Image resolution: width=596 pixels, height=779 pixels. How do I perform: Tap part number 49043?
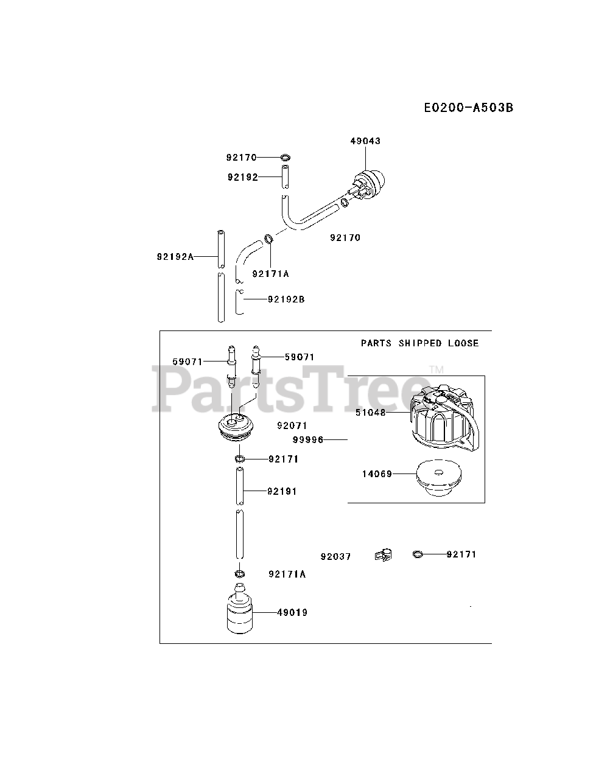[x=365, y=141]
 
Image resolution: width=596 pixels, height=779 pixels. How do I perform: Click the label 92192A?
[x=175, y=257]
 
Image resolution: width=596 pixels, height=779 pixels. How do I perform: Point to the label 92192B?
[x=286, y=299]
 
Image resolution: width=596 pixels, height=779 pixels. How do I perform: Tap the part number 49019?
[x=292, y=613]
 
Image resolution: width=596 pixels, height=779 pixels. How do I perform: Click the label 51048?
[x=370, y=412]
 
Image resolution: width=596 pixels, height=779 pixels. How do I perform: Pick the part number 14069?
[x=377, y=473]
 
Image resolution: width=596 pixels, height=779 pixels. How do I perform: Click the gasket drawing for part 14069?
[x=436, y=479]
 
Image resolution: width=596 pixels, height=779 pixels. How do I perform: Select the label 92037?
[x=336, y=557]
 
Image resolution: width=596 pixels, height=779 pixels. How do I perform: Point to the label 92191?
[x=282, y=491]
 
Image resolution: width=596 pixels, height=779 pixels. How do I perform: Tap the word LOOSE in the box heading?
[x=463, y=343]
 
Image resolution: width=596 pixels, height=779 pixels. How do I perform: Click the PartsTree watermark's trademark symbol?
[x=436, y=369]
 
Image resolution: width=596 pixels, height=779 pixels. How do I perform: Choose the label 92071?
[x=292, y=426]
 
